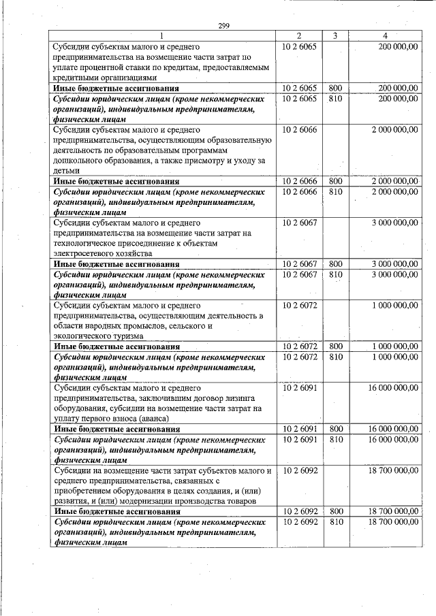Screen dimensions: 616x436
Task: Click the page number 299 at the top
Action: pos(223,26)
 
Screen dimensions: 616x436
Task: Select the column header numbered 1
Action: pos(162,35)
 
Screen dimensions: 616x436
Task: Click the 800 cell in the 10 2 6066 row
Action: pos(335,181)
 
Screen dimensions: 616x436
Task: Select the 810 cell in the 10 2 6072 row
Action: pos(335,357)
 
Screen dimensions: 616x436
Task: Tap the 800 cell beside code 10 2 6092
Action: pos(335,511)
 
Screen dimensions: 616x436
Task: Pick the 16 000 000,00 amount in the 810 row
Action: pos(393,440)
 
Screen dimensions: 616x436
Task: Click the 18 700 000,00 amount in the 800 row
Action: pos(393,511)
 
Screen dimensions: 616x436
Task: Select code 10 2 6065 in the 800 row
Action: pos(299,88)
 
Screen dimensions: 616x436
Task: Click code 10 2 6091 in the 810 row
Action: pos(299,440)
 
